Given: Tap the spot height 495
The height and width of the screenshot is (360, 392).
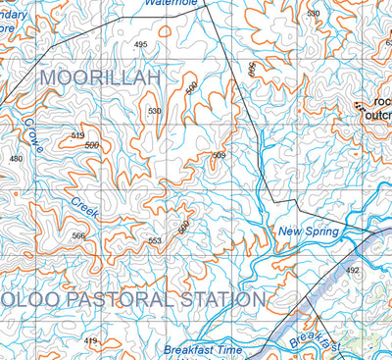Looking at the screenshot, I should click(x=140, y=45).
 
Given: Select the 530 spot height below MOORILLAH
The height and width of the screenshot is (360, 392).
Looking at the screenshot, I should click(x=154, y=111).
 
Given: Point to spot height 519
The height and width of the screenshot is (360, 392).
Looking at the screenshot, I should click(x=78, y=135).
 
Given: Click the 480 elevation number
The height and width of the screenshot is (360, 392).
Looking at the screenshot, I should click(x=16, y=158).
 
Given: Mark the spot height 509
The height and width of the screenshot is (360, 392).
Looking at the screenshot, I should click(x=219, y=156).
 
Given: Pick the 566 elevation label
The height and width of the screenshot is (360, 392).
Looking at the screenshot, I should click(x=78, y=235).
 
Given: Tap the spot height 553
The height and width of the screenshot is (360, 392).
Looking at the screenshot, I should click(x=154, y=240).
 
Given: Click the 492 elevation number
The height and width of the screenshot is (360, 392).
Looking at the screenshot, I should click(x=353, y=269).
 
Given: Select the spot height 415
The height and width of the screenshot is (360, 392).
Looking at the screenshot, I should click(x=91, y=340).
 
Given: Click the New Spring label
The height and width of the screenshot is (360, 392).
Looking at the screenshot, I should click(x=308, y=231).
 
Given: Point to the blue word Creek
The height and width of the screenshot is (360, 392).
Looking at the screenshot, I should click(x=84, y=207).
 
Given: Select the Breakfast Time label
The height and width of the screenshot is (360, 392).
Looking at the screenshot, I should click(x=202, y=349).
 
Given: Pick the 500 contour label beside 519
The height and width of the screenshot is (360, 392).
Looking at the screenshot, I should click(x=91, y=145).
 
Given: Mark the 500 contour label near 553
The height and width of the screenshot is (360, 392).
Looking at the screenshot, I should click(x=182, y=227).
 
